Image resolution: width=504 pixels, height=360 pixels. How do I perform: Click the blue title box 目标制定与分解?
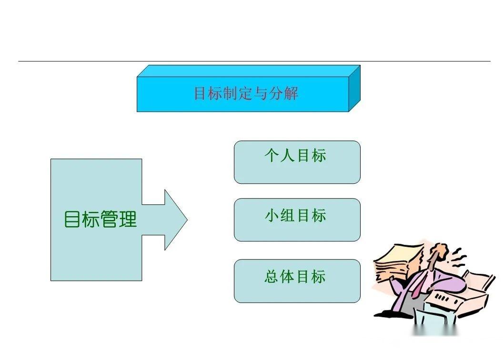click(249, 89)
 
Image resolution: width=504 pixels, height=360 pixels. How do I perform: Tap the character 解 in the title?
click(291, 93)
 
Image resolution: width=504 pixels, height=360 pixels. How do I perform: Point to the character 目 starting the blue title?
click(200, 93)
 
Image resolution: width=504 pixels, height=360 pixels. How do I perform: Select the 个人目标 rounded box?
click(297, 162)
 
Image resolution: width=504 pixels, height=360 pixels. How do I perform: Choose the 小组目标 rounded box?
click(297, 220)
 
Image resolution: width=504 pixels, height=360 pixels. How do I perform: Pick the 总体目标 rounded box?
click(297, 281)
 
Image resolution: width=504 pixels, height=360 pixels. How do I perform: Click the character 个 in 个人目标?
click(272, 155)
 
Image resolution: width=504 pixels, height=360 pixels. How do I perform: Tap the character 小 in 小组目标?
click(272, 215)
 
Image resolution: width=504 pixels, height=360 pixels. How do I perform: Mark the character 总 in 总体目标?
click(272, 276)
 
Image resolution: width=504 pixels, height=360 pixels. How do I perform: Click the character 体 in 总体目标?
click(287, 276)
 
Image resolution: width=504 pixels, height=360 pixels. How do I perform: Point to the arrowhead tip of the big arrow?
click(187, 220)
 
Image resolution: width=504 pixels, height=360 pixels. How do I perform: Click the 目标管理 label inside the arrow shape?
click(101, 219)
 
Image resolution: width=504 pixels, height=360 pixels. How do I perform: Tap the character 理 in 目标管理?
click(128, 219)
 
